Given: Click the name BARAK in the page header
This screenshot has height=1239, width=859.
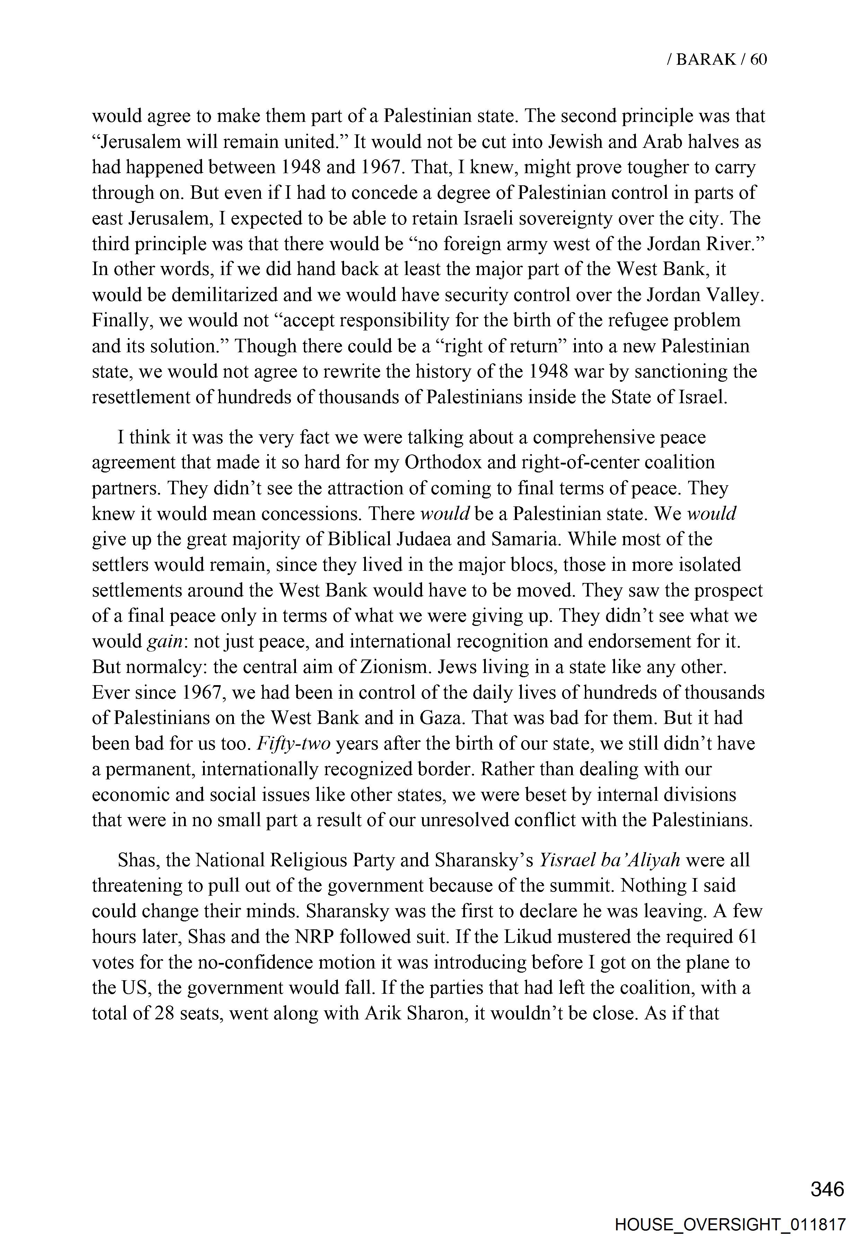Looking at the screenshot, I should pos(705,60).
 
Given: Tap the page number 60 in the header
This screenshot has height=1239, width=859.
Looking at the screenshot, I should pos(758,60).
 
